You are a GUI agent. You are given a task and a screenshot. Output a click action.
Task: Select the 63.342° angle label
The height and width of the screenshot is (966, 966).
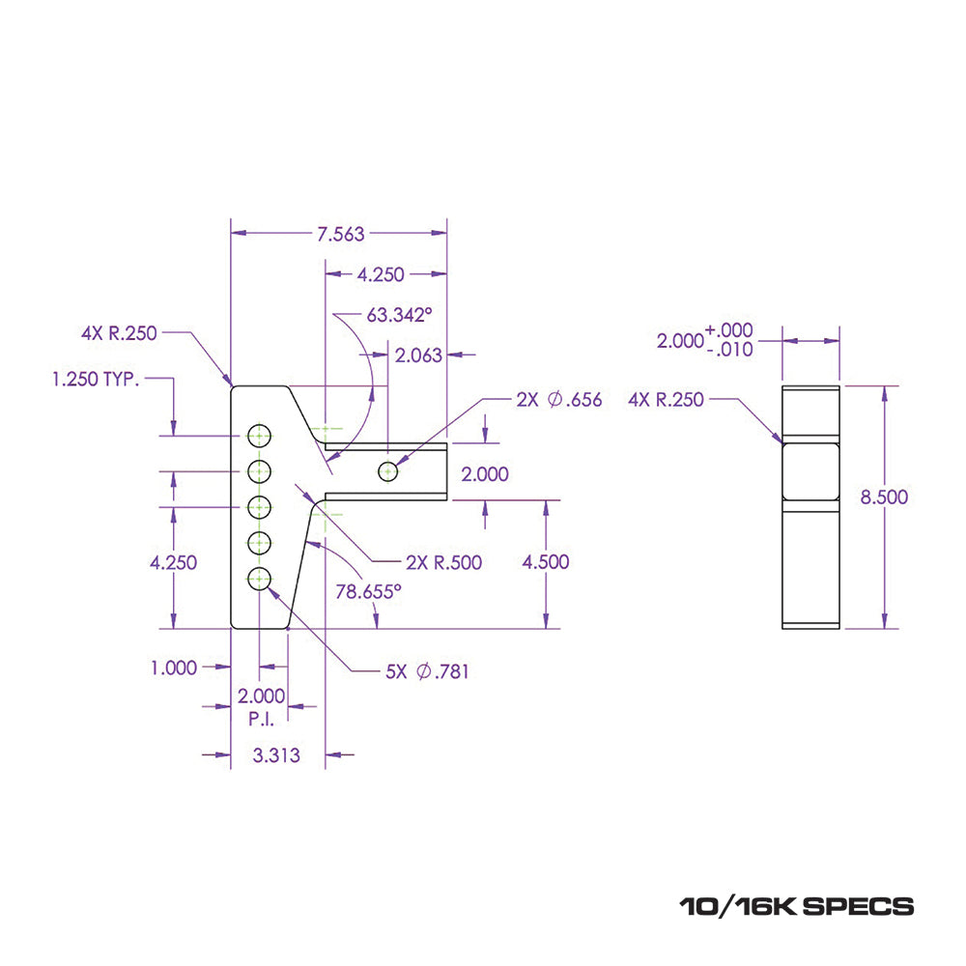398,314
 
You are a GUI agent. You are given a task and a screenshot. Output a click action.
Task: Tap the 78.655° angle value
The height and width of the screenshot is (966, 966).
368,591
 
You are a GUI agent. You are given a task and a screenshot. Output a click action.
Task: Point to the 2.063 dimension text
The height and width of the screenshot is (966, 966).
418,355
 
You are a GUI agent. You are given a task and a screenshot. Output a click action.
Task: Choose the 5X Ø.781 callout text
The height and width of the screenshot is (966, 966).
427,671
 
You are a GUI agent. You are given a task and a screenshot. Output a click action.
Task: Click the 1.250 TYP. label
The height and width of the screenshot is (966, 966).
96,379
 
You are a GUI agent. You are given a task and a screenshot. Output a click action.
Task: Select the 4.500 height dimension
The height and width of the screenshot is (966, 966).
545,562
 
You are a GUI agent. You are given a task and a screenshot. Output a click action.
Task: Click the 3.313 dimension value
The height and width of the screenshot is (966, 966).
275,755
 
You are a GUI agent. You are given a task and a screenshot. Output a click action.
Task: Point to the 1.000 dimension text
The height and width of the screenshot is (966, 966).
174,667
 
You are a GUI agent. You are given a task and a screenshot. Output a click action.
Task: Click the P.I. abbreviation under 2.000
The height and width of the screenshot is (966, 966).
261,719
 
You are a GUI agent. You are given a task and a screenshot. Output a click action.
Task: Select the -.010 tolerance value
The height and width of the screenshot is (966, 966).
729,351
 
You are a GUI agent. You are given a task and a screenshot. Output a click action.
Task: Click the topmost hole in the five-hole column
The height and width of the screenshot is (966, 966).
259,436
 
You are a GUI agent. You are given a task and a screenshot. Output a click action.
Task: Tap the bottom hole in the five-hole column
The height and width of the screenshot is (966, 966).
259,579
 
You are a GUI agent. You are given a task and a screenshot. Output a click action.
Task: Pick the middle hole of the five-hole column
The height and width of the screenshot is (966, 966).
259,506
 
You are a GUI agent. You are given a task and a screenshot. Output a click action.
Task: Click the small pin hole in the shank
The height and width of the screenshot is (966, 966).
388,471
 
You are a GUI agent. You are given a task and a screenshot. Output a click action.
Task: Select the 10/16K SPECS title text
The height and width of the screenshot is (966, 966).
796,906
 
